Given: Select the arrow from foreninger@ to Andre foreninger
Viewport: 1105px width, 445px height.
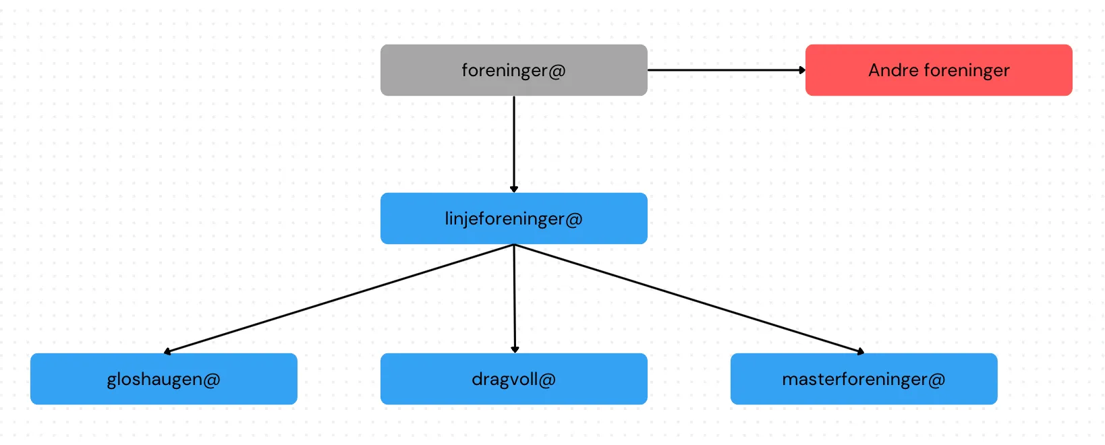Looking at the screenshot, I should [x=725, y=69].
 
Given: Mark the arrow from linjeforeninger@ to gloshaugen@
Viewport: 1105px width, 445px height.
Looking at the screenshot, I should [x=337, y=299].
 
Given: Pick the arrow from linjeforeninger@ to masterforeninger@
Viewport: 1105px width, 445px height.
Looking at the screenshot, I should [x=688, y=298].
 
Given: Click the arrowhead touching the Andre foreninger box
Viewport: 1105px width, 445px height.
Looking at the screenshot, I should [x=802, y=69].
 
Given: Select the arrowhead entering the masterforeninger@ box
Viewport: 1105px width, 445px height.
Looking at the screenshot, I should [x=860, y=351].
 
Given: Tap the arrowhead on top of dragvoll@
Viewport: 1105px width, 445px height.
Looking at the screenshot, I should [x=515, y=349].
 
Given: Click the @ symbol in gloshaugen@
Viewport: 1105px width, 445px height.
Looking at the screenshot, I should [x=211, y=380].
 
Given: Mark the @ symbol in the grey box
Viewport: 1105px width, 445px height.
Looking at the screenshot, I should [x=557, y=71].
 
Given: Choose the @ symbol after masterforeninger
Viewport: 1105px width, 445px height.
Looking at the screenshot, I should [x=936, y=380].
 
